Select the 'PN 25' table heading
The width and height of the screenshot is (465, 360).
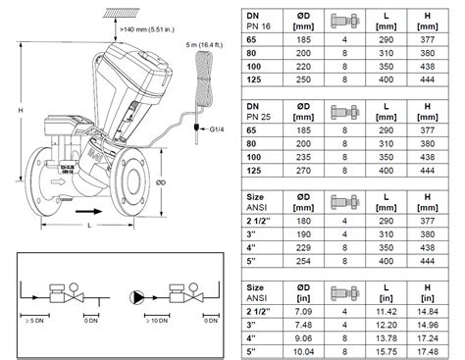(x=258, y=114)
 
